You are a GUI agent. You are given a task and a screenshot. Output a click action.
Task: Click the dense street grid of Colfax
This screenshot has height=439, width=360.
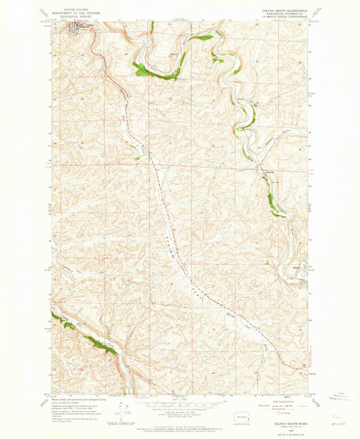tap(74, 28)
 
